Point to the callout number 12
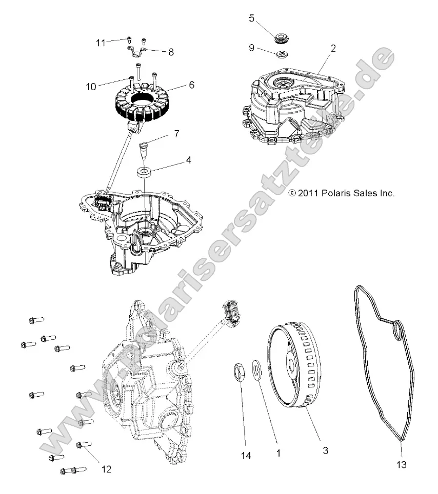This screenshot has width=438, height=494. [106, 468]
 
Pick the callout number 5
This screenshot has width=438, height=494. [251, 18]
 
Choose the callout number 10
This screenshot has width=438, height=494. [91, 87]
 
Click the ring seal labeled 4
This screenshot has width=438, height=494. [144, 171]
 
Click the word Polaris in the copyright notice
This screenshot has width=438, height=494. [339, 193]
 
